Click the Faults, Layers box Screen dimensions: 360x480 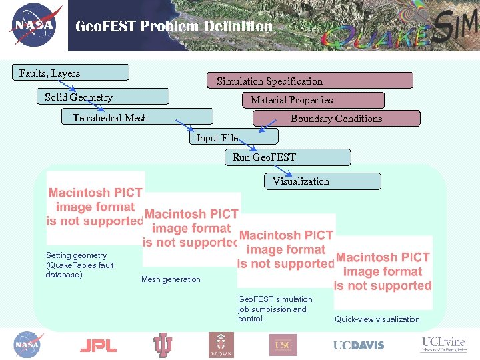click(x=70, y=73)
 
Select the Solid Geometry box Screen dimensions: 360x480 click(x=102, y=97)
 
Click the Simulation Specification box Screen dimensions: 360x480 click(x=309, y=81)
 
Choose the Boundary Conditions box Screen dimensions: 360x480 click(x=336, y=119)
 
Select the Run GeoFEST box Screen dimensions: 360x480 click(x=287, y=157)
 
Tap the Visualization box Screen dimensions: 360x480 click(x=323, y=181)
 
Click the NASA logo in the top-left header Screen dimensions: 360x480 click(x=35, y=26)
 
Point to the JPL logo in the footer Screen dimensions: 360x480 click(x=98, y=345)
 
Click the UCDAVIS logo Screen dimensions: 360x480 click(x=359, y=345)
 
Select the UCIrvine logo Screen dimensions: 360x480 click(x=443, y=344)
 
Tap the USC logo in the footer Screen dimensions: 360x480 click(x=283, y=345)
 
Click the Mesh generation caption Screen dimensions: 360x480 click(x=171, y=279)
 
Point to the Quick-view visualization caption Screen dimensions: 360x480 click(x=377, y=319)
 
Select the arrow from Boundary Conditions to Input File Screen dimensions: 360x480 click(x=269, y=126)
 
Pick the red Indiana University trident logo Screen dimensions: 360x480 click(x=162, y=345)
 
